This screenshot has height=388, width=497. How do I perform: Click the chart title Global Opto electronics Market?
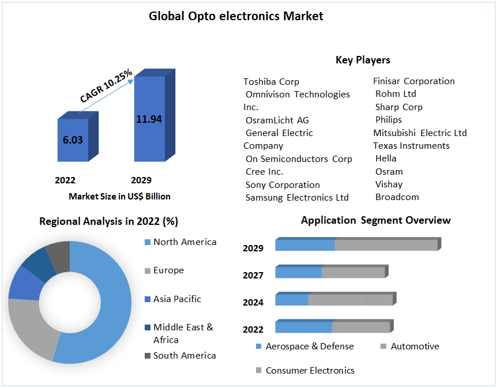coord(236,16)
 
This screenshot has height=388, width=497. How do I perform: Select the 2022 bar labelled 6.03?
coord(73,140)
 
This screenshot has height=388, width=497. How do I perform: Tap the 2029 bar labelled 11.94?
coord(149,119)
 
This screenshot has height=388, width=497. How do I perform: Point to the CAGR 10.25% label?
coord(106,86)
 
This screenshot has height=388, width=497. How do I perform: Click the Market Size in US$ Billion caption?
coord(119,197)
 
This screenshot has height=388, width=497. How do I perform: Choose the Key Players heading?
coord(363,60)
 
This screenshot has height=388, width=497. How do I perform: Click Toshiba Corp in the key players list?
coord(271,81)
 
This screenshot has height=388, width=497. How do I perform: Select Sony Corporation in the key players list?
coord(283,184)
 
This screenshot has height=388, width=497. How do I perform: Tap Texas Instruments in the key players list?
coord(411,145)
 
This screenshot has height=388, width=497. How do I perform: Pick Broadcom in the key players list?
coord(397,197)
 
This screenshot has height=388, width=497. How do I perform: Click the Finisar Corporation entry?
coord(414,81)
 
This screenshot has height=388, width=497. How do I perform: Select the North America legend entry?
coord(185,242)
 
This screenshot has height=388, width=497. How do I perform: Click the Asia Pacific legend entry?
coord(177,299)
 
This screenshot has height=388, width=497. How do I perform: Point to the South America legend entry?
coord(185,355)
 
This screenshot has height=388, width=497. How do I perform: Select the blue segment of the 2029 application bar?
coord(305,245)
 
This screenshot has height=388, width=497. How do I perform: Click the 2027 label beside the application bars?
coord(253,276)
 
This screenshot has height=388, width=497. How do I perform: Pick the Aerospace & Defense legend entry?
coord(310,346)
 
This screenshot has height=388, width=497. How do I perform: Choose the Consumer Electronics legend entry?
coord(310,370)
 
